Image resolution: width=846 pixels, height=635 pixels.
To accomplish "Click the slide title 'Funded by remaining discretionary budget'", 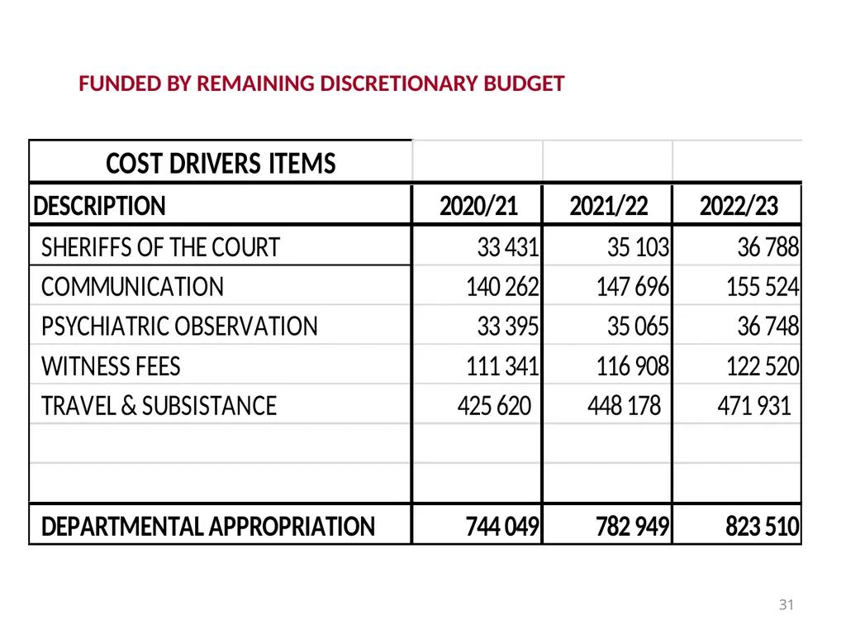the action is pos(321,84).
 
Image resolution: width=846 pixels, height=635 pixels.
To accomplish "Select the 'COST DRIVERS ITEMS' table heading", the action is pos(221,164).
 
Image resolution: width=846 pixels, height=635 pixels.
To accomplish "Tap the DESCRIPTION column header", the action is pos(99,206).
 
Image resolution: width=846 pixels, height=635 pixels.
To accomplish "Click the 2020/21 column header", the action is pos(478,206).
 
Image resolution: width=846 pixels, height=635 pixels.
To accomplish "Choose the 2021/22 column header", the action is pos(609,206).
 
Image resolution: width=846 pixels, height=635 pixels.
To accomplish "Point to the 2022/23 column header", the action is pos(739,206).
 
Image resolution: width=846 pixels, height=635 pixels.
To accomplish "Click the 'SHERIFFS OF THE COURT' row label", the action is pos(161,247).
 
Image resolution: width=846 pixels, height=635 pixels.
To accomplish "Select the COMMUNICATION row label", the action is pos(132,287).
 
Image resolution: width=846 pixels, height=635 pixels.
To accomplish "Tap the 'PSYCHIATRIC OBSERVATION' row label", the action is pos(179,326).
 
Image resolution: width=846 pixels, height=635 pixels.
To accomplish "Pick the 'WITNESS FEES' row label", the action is pos(111,366).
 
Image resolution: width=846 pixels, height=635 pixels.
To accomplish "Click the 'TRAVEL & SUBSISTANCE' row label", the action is pos(159,405).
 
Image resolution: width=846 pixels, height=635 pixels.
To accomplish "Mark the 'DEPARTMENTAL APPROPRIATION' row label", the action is pos(208,527).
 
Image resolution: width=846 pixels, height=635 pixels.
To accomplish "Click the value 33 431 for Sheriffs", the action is pos(508,247).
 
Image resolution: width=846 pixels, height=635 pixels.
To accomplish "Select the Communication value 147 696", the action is pos(632,287).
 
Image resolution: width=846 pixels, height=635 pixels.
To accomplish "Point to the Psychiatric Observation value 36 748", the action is pos(768,326).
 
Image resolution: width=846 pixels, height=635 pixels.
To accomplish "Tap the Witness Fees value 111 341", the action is pos(502,366).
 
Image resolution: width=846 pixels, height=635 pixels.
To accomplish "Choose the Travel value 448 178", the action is pos(625,405).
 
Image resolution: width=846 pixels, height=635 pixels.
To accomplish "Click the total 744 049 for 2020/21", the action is pos(502,527).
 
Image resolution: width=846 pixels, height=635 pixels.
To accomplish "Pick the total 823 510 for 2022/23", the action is pos(763,527).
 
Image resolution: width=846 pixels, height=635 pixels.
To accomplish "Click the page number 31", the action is pos(787,604).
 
